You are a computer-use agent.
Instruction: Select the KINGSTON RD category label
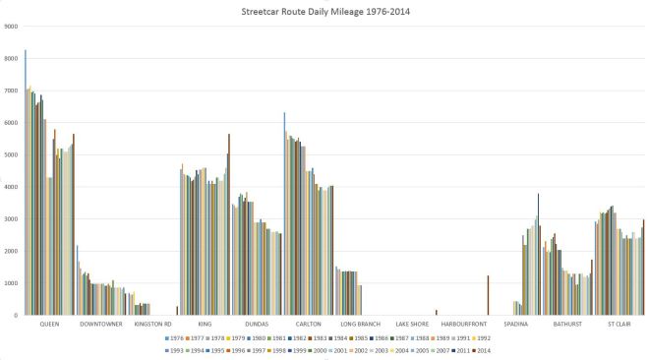point(153,324)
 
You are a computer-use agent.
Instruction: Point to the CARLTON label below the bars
point(309,324)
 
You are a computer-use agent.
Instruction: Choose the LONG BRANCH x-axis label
point(360,324)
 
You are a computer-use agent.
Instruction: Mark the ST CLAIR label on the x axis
point(619,324)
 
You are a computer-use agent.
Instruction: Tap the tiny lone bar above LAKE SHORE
point(436,313)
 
